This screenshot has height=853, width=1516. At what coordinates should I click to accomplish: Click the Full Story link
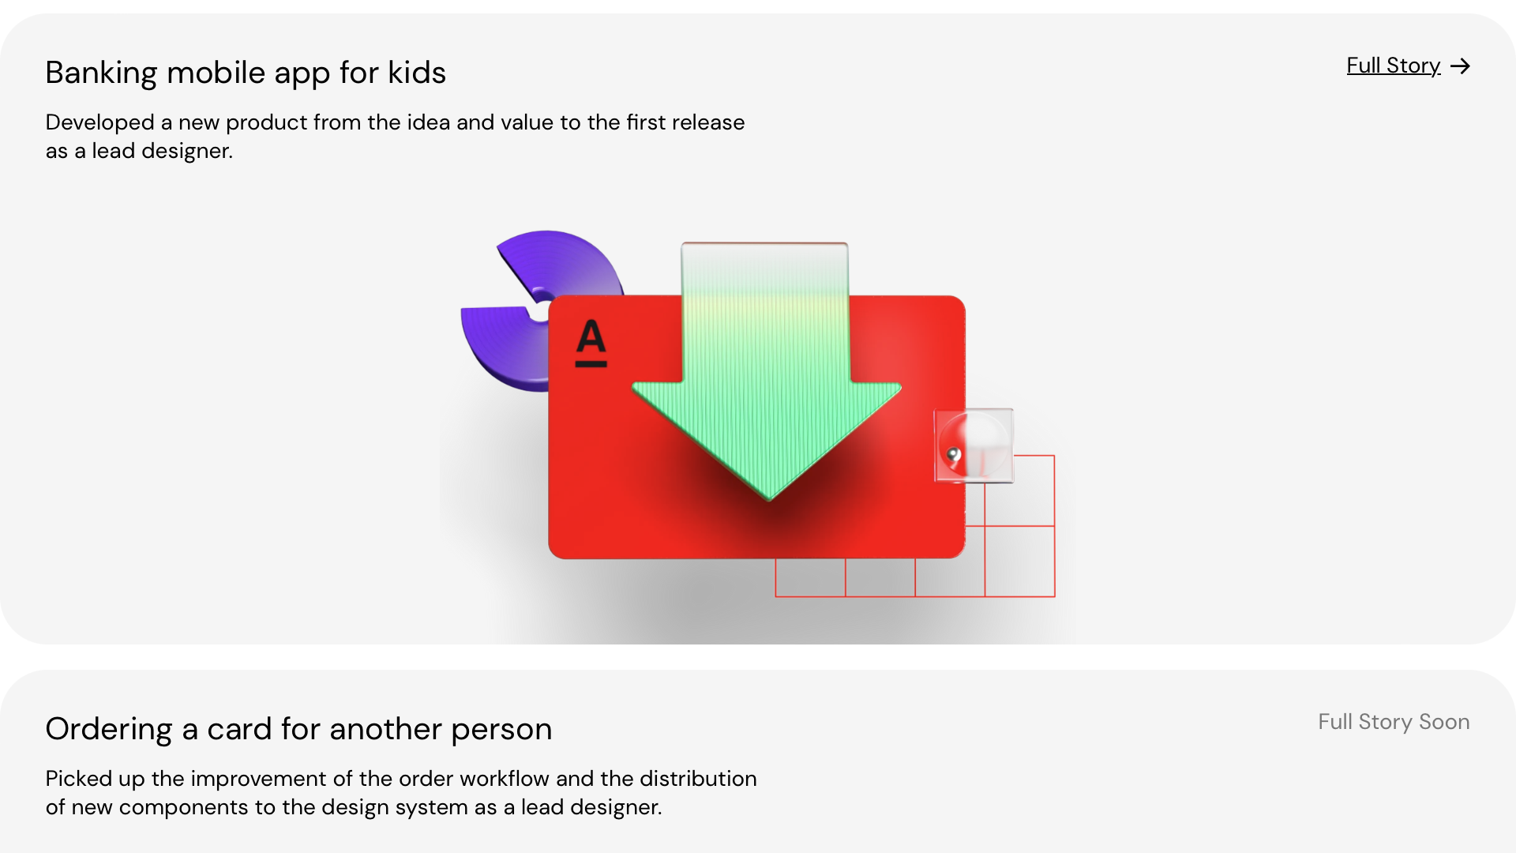point(1393,66)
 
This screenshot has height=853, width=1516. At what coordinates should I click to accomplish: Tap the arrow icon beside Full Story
point(1460,66)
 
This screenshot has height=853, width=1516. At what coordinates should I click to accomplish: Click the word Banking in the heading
point(101,73)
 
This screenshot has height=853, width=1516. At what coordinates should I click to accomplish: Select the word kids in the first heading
point(417,73)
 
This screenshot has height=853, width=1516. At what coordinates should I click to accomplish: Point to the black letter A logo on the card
point(591,343)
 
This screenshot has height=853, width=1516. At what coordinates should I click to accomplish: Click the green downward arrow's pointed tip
point(769,499)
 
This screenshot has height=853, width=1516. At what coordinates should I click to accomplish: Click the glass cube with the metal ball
point(974,445)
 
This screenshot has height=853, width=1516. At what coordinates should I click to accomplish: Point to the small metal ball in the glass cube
point(954,454)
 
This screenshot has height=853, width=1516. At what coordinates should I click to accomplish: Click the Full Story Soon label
point(1394,722)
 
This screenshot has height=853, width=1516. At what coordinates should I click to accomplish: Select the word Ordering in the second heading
point(109,729)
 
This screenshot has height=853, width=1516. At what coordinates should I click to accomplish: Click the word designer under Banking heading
point(187,151)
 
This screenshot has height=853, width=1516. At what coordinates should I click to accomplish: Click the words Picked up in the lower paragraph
point(96,779)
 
